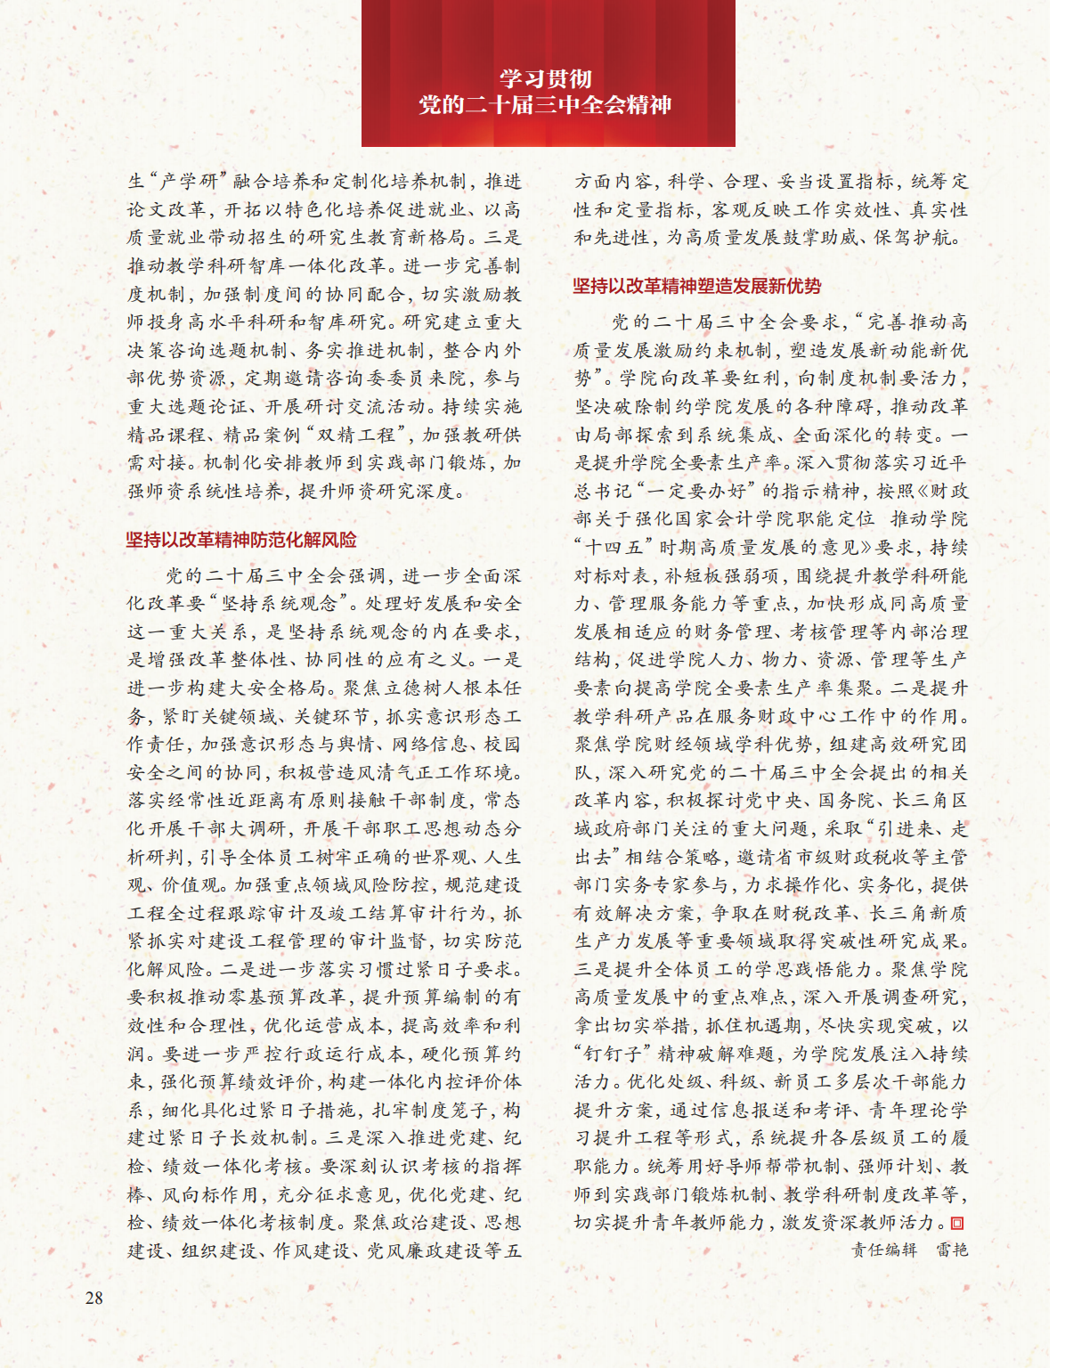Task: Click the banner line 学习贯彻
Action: (545, 78)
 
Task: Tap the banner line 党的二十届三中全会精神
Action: (545, 105)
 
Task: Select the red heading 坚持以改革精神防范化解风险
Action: (241, 540)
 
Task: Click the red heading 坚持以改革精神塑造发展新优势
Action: (696, 286)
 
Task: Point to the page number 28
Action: (94, 1298)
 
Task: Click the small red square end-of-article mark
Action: (958, 1223)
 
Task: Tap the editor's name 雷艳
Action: (951, 1250)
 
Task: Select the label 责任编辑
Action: (883, 1250)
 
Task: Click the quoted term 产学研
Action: (190, 182)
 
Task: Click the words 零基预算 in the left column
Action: (284, 997)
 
